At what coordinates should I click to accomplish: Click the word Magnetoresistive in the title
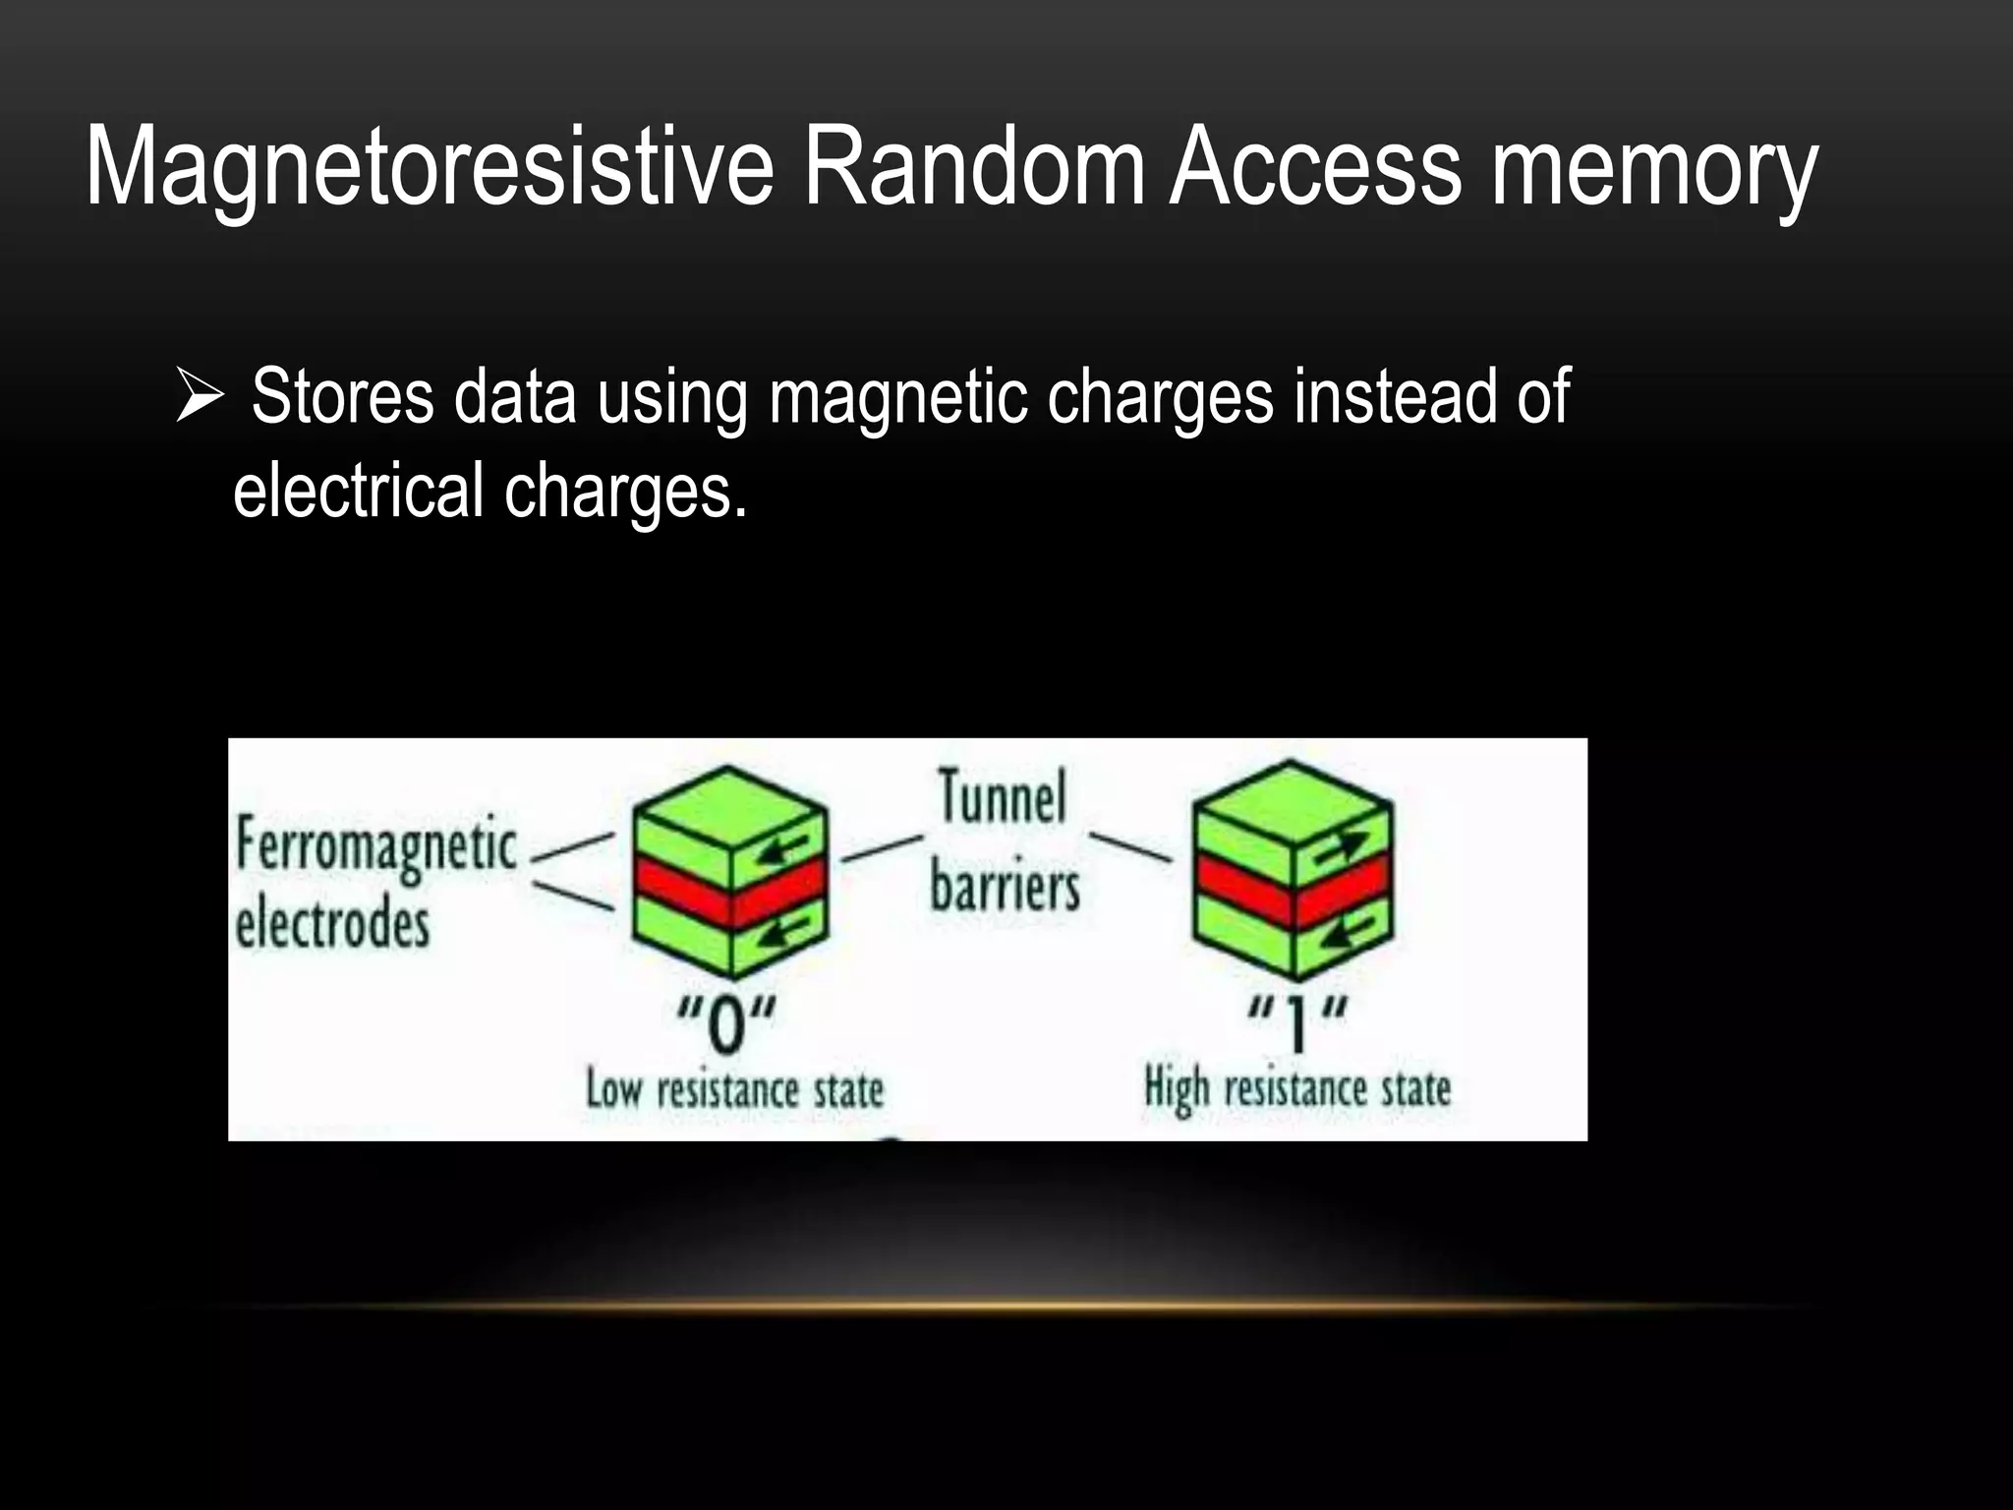(x=430, y=167)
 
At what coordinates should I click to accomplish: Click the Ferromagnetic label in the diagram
(x=375, y=847)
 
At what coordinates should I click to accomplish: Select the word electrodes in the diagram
(x=332, y=925)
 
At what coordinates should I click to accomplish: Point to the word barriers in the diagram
(x=1005, y=886)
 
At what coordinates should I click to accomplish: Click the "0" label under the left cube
(x=726, y=1023)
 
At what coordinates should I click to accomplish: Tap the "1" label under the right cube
(x=1297, y=1021)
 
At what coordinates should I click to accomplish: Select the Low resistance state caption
(x=734, y=1090)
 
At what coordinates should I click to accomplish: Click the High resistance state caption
(x=1297, y=1089)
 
